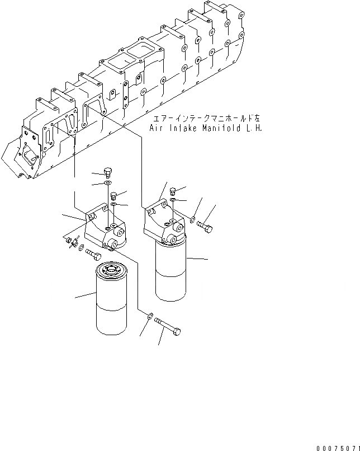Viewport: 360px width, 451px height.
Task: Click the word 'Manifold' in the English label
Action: (x=220, y=128)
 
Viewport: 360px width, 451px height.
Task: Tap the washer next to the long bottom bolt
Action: (x=150, y=318)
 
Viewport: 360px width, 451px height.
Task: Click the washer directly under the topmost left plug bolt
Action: (x=108, y=184)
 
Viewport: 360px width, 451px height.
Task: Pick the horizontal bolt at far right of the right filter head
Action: (x=205, y=227)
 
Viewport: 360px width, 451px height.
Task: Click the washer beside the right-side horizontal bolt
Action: (x=192, y=220)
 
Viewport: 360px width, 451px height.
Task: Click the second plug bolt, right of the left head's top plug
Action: (x=114, y=195)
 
